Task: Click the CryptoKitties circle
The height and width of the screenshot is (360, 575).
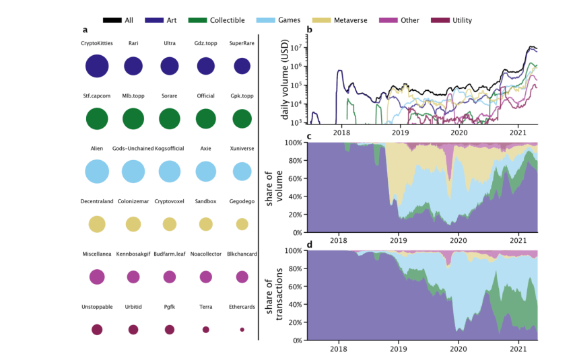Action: [97, 66]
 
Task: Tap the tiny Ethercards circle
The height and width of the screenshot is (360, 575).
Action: [242, 329]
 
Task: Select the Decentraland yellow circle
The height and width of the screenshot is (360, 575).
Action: [97, 224]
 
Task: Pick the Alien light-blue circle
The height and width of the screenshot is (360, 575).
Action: [97, 171]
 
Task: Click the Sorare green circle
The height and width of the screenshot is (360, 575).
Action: [170, 118]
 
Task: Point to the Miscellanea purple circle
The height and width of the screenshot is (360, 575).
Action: [97, 277]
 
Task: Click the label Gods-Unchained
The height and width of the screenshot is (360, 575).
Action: [133, 149]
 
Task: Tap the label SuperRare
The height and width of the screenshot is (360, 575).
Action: [242, 43]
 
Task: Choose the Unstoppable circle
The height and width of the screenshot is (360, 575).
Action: [97, 329]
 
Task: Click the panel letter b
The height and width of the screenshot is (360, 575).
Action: [309, 30]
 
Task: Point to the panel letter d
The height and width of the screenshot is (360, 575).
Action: [309, 245]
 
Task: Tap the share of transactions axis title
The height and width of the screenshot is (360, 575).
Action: [275, 296]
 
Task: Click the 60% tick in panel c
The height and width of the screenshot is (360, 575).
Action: [294, 179]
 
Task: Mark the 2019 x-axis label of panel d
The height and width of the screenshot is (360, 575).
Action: [399, 350]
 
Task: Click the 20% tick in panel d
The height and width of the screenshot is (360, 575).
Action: [294, 323]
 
